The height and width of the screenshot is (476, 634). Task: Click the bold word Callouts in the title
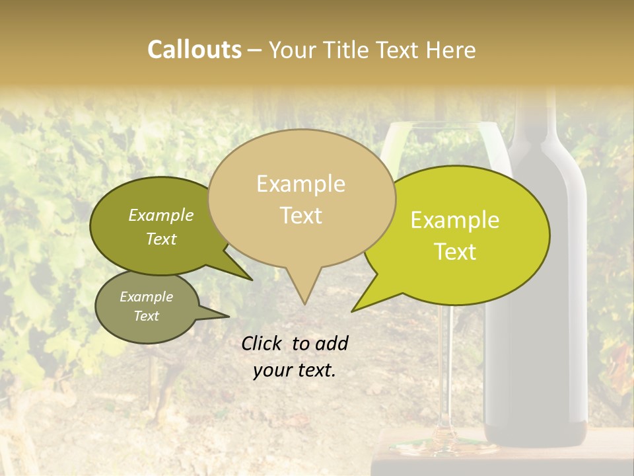coord(194,50)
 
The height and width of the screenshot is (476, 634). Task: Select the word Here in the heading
coord(452,50)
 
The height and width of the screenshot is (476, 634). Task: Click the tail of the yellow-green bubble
coord(370,297)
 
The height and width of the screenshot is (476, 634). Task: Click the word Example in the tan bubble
coord(300,184)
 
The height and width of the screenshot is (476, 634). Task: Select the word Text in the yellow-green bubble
coord(456,252)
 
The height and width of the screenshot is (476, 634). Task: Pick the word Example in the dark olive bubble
coord(161,215)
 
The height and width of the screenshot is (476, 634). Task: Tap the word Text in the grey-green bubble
coord(147,316)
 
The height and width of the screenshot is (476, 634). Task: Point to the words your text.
coord(295,371)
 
